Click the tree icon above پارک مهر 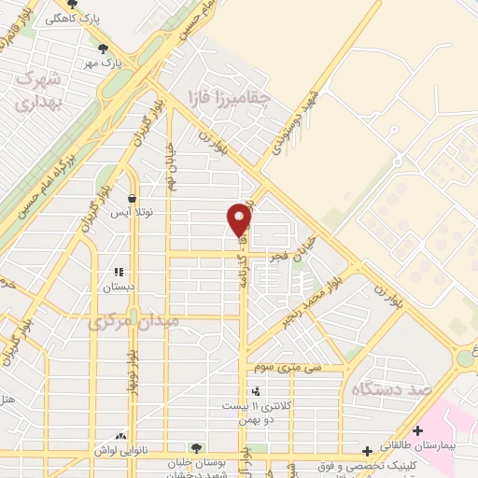pos(103,49)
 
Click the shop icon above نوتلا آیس pos(132,199)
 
